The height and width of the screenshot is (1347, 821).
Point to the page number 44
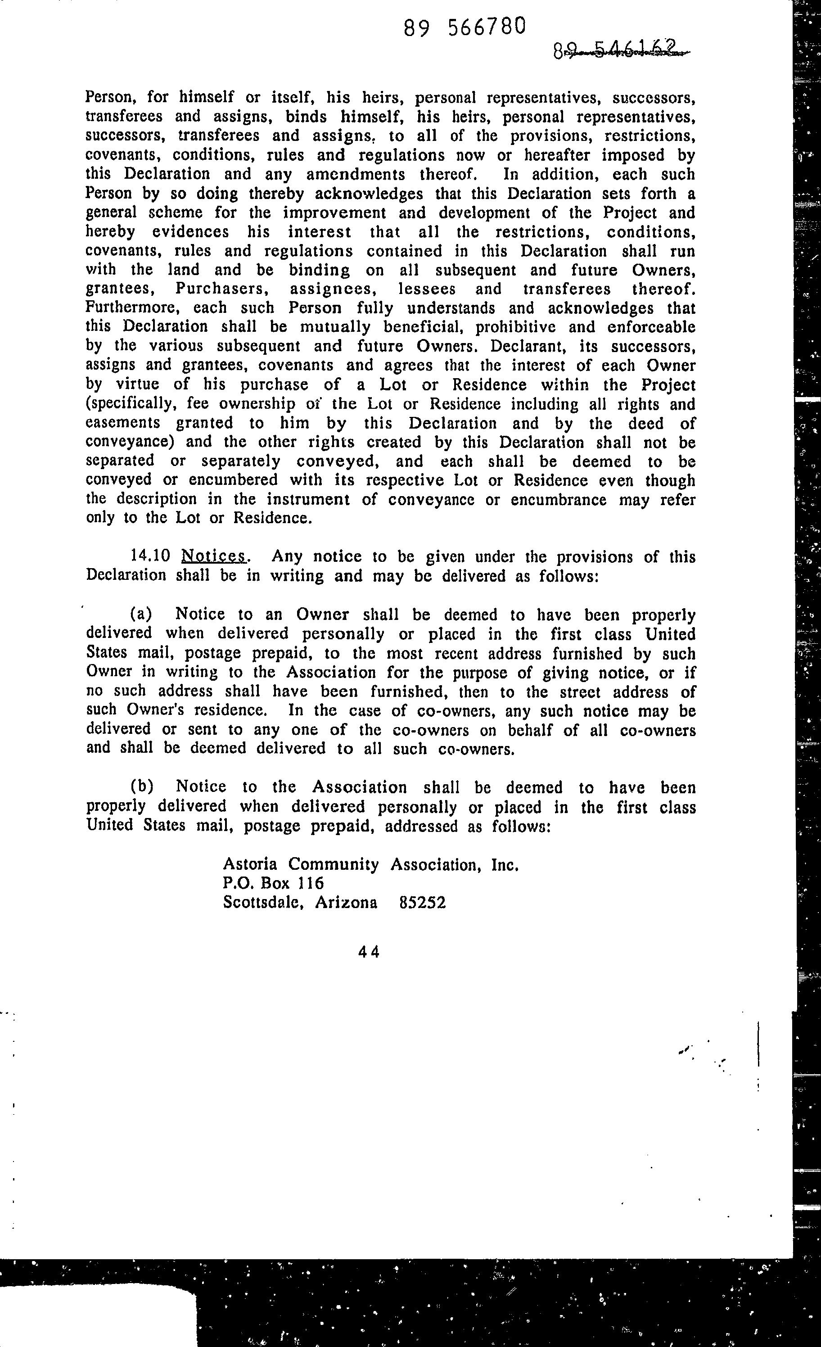pos(369,952)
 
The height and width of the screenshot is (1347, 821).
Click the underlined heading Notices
pos(214,556)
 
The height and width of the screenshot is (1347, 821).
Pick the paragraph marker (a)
pos(142,615)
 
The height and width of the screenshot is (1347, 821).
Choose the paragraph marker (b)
pos(142,787)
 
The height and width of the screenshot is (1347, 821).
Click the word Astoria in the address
pos(250,864)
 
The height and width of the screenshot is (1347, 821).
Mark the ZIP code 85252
pos(423,903)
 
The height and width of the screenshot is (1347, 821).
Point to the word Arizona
pos(346,903)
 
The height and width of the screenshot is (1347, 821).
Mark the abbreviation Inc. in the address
pos(505,864)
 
